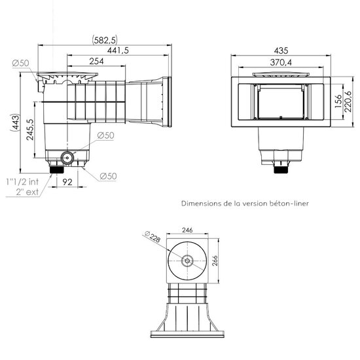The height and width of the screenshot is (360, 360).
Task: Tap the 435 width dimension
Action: tap(283, 49)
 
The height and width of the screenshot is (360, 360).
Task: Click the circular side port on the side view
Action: tap(66, 157)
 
